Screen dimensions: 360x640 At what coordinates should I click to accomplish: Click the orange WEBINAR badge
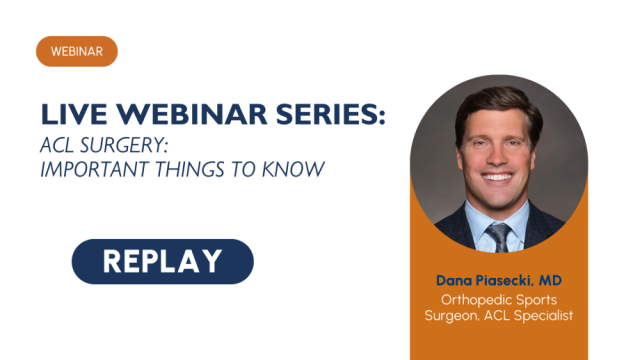click(77, 51)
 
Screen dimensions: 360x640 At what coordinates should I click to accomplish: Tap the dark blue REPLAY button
click(162, 261)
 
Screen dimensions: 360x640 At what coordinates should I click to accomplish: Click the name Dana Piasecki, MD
click(497, 278)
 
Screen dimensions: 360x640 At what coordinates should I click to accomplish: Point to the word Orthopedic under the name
click(474, 299)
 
